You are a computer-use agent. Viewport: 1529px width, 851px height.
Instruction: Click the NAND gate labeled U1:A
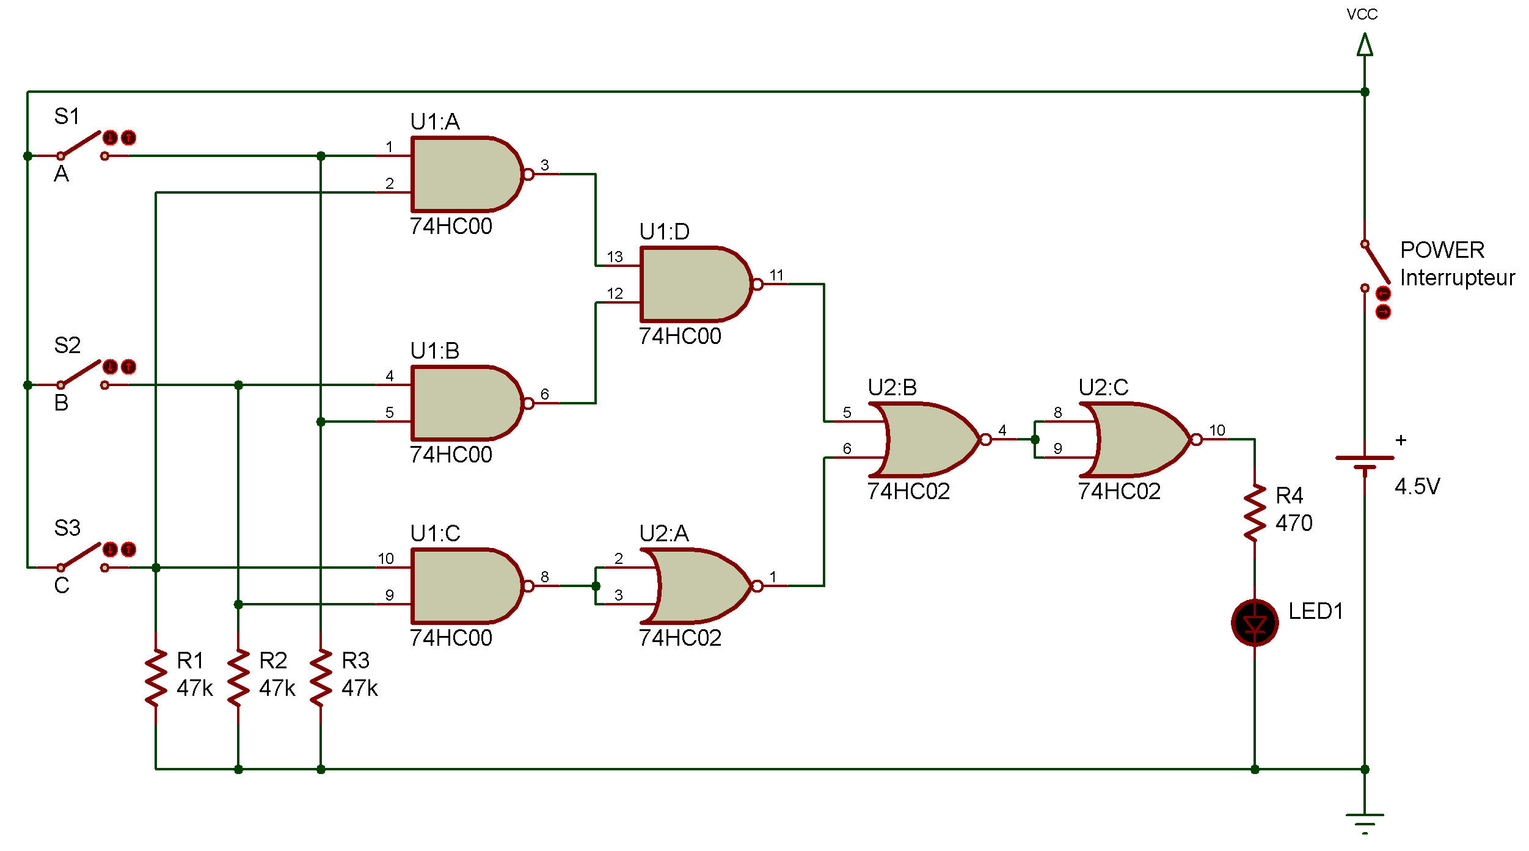pos(464,174)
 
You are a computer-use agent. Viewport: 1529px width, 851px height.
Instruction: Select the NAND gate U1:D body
pos(693,284)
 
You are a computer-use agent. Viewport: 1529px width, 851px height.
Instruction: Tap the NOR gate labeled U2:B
pos(925,439)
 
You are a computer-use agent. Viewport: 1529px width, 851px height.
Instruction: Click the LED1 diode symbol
pos(1255,623)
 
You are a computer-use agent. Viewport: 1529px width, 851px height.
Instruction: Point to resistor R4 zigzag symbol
pos(1255,513)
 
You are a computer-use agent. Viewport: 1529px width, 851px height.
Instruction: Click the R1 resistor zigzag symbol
pos(156,678)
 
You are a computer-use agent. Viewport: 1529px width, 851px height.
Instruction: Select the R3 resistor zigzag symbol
pos(321,678)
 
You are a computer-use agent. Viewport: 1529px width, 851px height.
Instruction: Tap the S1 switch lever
pos(82,144)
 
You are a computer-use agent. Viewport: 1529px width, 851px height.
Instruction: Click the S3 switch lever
pos(82,556)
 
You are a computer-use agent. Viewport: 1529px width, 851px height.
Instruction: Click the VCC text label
pos(1362,15)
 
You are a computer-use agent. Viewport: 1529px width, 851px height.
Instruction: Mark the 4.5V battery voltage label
pos(1417,487)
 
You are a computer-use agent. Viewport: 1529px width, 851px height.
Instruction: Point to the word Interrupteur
pos(1457,278)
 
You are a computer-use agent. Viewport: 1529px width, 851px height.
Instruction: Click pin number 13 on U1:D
pos(615,257)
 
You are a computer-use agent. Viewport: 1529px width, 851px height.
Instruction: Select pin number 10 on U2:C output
pos(1217,430)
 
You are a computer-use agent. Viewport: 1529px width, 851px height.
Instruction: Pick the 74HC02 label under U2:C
pos(1119,492)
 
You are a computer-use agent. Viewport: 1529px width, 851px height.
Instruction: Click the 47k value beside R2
pos(277,688)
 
